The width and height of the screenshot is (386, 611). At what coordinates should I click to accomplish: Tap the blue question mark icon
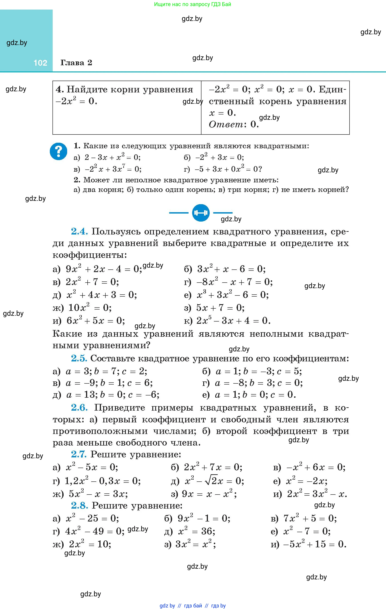[x=58, y=151]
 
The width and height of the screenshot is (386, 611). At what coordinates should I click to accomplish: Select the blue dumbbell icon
[x=201, y=213]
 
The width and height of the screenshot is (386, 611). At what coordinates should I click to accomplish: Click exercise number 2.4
[x=79, y=231]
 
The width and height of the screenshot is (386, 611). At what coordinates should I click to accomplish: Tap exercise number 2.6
[x=79, y=407]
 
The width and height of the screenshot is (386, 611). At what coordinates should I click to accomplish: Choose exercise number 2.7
[x=79, y=454]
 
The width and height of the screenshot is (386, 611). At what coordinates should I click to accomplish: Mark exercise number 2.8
[x=79, y=505]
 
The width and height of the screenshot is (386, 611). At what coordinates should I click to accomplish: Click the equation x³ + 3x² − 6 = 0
[x=232, y=295]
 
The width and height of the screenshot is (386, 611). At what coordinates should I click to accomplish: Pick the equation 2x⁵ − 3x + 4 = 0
[x=233, y=321]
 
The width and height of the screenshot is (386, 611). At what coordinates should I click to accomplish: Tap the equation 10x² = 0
[x=90, y=308]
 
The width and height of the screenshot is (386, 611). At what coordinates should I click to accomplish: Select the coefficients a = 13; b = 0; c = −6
[x=113, y=395]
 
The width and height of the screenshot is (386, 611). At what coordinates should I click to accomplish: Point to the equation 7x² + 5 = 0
[x=310, y=518]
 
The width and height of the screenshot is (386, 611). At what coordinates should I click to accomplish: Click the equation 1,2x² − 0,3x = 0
[x=103, y=481]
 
